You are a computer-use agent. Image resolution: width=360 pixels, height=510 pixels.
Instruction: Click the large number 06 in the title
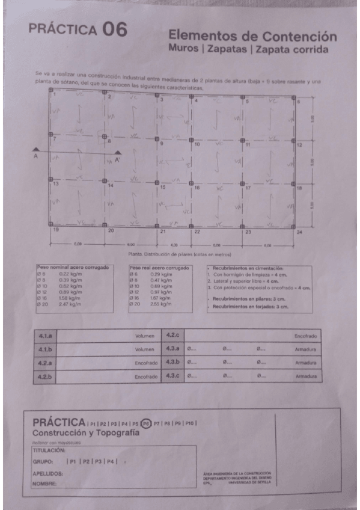point(114,29)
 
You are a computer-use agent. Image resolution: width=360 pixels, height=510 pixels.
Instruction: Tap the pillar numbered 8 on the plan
point(109,141)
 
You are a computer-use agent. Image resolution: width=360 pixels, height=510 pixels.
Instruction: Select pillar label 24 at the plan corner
point(299,232)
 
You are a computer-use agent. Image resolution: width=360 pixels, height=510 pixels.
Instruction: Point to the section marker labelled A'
point(117,160)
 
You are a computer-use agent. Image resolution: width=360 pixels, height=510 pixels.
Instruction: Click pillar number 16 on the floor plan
point(196,188)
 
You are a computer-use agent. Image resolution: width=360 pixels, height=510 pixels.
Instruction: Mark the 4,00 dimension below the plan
point(174,245)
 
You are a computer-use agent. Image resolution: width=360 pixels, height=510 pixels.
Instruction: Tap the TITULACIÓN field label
point(49,450)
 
